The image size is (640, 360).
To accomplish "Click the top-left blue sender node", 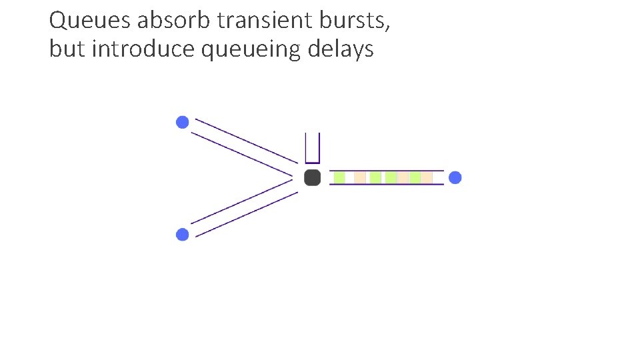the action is [x=182, y=122].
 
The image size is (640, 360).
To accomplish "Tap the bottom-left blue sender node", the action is [x=182, y=234].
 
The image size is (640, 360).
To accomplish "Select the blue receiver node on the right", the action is [x=455, y=177].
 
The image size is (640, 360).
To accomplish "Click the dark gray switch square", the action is [x=312, y=177].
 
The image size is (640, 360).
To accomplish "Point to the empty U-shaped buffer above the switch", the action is [x=312, y=148].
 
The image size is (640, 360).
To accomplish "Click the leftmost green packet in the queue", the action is [x=339, y=177].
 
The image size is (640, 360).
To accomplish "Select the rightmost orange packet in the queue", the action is [x=427, y=177].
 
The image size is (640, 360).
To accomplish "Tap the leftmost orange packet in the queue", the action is [x=360, y=177].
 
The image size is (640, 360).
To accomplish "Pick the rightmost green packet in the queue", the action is [x=415, y=177].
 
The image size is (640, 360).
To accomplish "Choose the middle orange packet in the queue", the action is [x=403, y=177].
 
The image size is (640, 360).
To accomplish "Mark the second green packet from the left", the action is [x=375, y=177].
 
